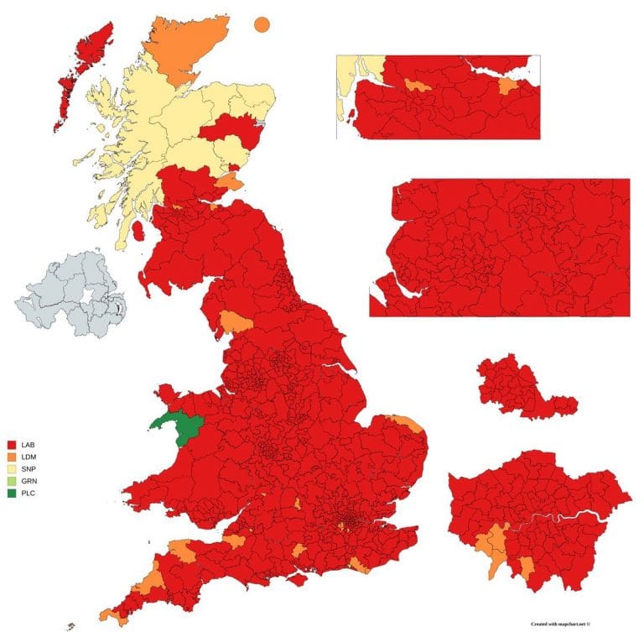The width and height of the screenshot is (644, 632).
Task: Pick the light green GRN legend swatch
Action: coord(13,480)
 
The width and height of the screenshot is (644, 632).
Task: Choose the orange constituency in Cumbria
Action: coord(235,322)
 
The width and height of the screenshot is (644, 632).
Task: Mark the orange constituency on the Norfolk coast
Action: coord(404,422)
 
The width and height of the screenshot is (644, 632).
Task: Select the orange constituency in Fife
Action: coord(228,181)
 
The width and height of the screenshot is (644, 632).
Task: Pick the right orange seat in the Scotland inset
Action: coord(508,86)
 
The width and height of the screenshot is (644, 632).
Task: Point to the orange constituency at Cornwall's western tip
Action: coord(109,617)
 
